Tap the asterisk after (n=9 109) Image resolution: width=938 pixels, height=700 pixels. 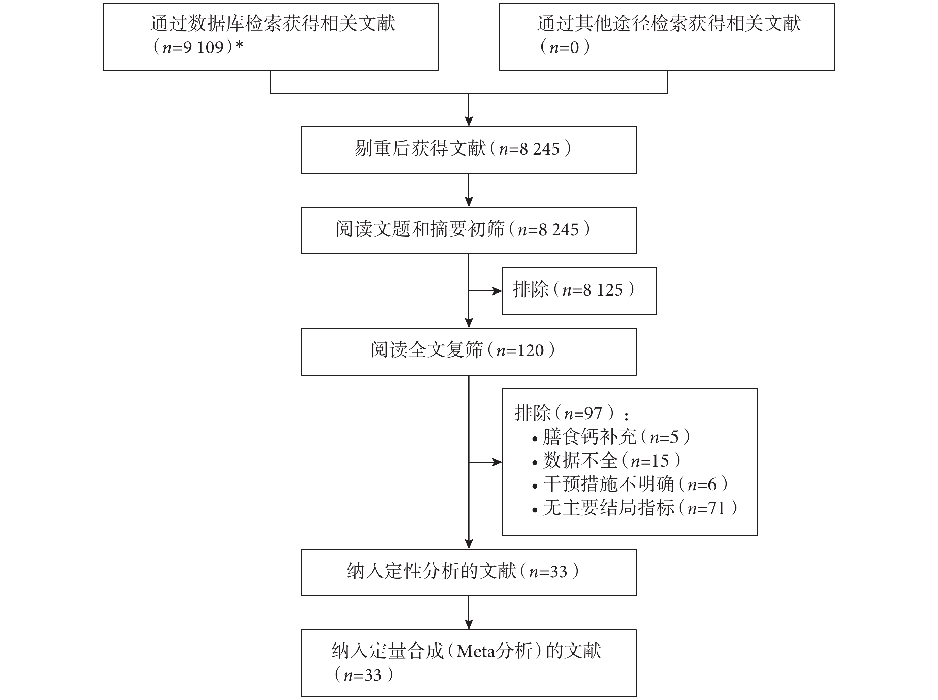240,45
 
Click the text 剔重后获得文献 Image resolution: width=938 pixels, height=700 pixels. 420,149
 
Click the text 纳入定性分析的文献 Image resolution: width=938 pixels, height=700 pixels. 432,572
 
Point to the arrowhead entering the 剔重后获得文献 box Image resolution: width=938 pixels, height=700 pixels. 469,121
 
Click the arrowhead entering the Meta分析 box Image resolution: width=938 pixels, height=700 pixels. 469,624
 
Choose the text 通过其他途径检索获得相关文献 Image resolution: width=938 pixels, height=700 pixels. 669,23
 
